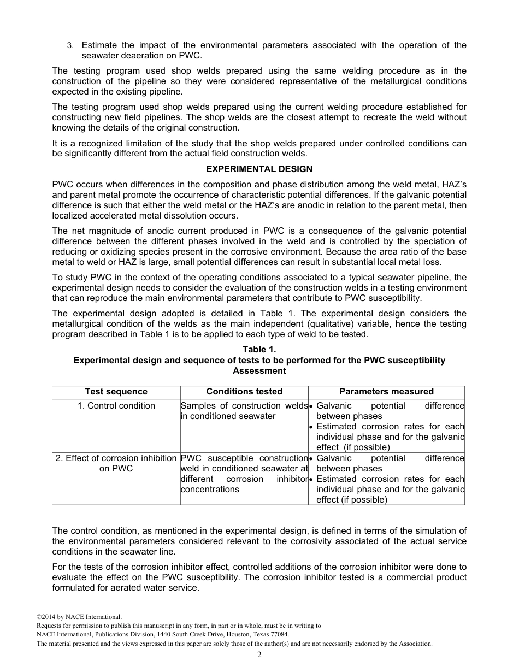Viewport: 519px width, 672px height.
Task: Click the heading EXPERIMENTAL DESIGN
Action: (259, 169)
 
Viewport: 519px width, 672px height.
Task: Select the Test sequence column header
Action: (116, 392)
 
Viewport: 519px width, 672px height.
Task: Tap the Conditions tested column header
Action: (244, 392)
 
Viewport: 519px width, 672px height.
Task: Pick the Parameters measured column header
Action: (386, 392)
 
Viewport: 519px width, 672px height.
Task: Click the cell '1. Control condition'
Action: (116, 406)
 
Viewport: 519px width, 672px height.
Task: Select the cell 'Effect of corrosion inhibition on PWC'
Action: (116, 463)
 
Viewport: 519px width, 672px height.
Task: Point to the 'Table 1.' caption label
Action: (259, 350)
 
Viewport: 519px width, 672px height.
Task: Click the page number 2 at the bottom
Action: (259, 655)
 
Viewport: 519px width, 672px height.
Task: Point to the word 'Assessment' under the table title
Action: (259, 371)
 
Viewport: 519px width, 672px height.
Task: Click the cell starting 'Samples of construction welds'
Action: (244, 411)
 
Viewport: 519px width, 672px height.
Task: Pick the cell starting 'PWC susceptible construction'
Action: (244, 474)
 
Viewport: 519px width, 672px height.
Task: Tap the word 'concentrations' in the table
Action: (210, 490)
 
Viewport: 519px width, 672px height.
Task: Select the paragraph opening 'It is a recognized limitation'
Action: (259, 149)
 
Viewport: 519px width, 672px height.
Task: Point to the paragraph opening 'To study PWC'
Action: (259, 288)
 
